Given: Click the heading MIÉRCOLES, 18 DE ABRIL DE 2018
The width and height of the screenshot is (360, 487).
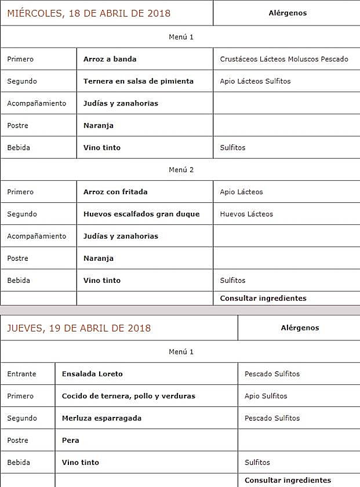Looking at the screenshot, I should (x=89, y=13).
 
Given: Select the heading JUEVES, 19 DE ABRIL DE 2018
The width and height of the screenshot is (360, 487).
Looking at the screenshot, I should (x=79, y=328).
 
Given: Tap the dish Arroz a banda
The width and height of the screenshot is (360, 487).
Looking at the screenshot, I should (x=110, y=59).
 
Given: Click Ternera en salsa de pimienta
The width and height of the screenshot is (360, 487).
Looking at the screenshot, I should (x=139, y=81).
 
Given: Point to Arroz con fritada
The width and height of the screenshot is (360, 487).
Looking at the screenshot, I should (x=115, y=192).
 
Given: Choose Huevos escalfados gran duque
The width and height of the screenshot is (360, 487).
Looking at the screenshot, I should (x=141, y=214).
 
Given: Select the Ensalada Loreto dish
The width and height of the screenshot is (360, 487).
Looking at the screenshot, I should (x=92, y=374).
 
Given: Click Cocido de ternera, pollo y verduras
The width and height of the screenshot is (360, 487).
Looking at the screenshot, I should (x=129, y=396).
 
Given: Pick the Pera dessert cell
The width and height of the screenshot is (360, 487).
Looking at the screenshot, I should (x=71, y=440).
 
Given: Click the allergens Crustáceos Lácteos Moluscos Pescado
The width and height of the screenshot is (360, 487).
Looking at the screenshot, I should (x=284, y=59).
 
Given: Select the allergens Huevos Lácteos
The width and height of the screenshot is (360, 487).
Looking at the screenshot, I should (x=246, y=214).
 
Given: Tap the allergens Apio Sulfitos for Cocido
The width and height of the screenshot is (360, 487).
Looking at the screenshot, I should (x=266, y=396).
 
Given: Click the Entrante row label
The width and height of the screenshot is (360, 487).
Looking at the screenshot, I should (x=21, y=374).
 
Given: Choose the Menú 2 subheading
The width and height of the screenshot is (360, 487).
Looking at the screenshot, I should (x=181, y=170).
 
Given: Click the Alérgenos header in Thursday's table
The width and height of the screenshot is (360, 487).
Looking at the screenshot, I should (x=300, y=328).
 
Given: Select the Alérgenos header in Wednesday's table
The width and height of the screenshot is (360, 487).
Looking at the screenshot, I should (x=288, y=13).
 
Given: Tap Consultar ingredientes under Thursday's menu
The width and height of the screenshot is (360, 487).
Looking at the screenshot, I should (x=288, y=480).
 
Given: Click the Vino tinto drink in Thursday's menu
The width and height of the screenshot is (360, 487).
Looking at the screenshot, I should (x=81, y=463).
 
